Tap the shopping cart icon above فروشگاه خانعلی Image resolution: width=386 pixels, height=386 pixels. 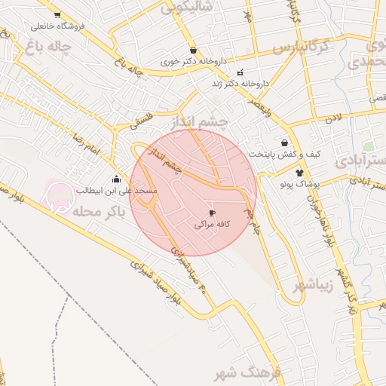point(57,15)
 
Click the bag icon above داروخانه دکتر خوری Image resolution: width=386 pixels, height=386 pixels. point(194,50)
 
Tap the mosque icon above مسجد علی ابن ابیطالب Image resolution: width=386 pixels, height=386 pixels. point(116,179)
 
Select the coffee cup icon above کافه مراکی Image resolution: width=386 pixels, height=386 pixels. point(212,213)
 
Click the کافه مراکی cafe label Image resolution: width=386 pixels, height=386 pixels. point(212,225)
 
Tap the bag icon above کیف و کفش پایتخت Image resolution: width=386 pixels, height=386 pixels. point(284,142)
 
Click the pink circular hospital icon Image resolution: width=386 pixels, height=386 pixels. point(60,195)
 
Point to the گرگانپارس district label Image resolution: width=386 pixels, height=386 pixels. point(302,47)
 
